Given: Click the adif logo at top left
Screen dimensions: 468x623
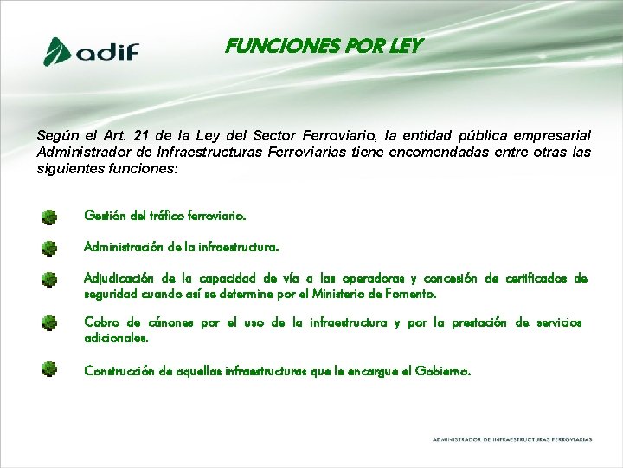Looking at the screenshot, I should click(92, 51).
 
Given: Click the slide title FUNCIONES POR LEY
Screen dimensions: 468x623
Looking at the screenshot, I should click(324, 46).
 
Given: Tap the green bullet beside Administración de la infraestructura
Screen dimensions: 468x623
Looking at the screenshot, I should click(49, 249).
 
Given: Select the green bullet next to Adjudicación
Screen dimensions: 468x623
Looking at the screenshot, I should click(49, 280).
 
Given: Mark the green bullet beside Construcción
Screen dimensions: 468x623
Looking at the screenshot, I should click(49, 370).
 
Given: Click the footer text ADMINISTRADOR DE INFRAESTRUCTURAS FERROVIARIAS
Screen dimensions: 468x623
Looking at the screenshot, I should click(512, 439).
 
